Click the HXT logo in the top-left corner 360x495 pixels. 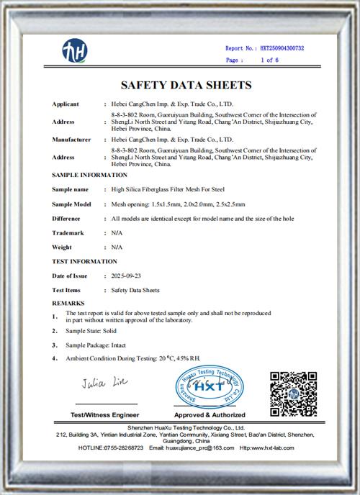click(x=74, y=51)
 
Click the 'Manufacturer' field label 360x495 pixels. click(x=71, y=139)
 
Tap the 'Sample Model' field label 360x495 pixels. click(x=72, y=204)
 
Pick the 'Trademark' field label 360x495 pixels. click(x=68, y=233)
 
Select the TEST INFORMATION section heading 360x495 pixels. click(x=84, y=261)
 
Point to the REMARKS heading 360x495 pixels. click(x=68, y=304)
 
